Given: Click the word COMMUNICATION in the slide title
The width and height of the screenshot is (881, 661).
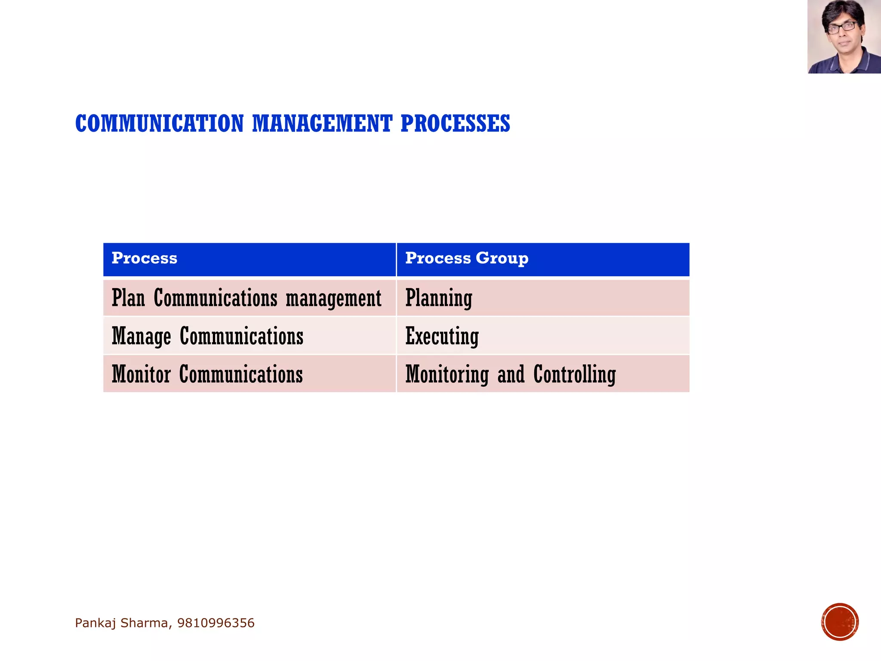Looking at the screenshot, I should coord(159,124).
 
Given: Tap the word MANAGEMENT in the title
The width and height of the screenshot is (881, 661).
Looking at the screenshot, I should coord(322,124).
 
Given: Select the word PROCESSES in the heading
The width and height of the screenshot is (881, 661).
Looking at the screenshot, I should coord(455,124).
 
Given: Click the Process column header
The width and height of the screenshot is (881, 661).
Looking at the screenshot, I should coord(145,258).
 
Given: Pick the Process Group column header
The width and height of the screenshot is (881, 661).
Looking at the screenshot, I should coord(467,258).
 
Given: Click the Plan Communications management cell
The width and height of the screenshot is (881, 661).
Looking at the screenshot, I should coord(246,298).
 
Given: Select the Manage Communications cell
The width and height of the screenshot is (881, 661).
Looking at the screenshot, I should coord(207,336).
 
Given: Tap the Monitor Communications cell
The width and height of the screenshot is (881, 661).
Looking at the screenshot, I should coord(207,374).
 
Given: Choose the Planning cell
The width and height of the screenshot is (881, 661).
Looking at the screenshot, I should coord(439,298).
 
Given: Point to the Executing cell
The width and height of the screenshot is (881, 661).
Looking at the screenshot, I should coord(442,336).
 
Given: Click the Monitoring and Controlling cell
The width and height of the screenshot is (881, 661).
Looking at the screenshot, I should coord(510,374).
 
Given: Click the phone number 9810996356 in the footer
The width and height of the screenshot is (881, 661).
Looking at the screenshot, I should coord(216,623).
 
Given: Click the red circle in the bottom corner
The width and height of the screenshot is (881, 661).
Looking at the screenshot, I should coord(840,622).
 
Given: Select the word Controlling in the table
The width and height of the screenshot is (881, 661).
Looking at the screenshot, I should coord(574,374).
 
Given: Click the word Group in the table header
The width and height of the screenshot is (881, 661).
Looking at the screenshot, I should coord(502,258).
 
